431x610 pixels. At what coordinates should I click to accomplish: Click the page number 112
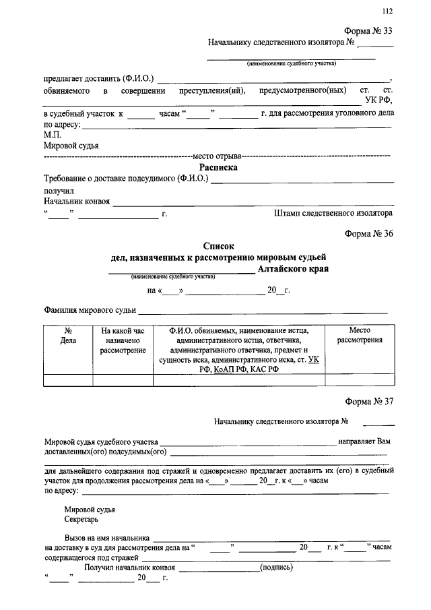[x=387, y=11]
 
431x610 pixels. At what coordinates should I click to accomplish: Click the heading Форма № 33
[x=368, y=32]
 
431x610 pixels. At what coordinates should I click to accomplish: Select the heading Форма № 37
[x=368, y=402]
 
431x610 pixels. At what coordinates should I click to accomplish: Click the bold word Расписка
[x=218, y=167]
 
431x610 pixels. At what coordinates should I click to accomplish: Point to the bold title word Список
[x=219, y=247]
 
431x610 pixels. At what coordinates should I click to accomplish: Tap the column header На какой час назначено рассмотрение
[x=123, y=340]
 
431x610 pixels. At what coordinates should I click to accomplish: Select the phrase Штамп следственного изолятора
[x=333, y=213]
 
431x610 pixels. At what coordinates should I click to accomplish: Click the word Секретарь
[x=82, y=520]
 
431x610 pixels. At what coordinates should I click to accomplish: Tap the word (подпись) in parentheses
[x=276, y=568]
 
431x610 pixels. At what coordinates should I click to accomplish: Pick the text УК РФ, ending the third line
[x=378, y=100]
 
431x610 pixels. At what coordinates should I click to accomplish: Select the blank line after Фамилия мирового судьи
[x=263, y=311]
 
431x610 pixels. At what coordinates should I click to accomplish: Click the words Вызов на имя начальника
[x=106, y=538]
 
